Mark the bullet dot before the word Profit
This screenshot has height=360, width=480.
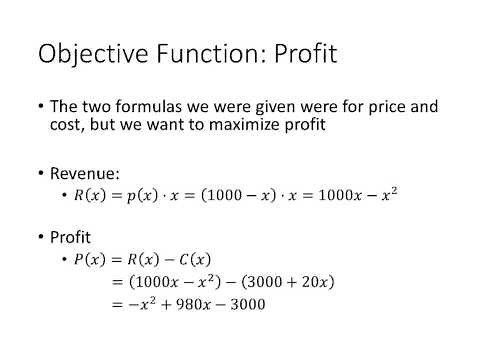pyautogui.click(x=41, y=237)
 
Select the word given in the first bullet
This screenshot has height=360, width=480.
pyautogui.click(x=264, y=106)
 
